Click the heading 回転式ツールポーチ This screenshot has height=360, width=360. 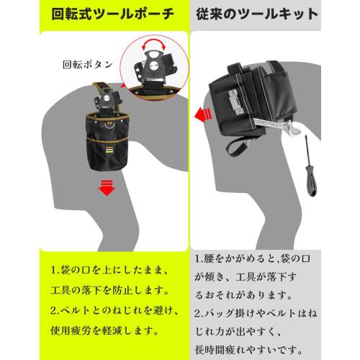[x=112, y=14]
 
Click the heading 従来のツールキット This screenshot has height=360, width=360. [x=257, y=14]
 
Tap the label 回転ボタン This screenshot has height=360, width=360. [x=88, y=65]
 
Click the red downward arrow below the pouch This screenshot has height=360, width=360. [x=107, y=188]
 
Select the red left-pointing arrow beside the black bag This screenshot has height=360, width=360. [x=203, y=115]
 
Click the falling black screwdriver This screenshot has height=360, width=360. [x=310, y=166]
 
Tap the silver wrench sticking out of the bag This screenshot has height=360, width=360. [x=279, y=127]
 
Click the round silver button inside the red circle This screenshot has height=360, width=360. [x=153, y=66]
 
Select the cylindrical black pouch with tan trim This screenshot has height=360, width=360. [x=107, y=142]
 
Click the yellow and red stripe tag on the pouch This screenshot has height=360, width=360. [x=109, y=150]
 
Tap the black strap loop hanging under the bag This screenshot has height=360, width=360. [x=237, y=147]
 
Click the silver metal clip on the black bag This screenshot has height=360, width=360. [x=235, y=102]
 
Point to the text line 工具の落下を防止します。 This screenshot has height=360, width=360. [x=110, y=291]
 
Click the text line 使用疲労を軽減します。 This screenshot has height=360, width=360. [x=105, y=330]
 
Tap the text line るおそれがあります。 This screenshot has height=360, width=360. [x=243, y=295]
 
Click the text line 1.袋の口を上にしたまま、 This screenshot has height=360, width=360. [x=110, y=271]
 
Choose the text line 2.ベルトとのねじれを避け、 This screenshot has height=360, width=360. [x=114, y=310]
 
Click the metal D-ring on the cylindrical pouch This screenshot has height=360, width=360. [x=109, y=125]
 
